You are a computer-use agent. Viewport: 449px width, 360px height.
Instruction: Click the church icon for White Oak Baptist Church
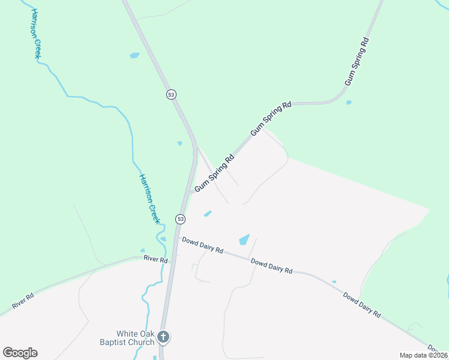(163, 338)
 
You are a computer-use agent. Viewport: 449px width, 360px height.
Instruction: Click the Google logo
(20, 353)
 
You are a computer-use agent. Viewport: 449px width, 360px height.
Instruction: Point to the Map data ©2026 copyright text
(423, 355)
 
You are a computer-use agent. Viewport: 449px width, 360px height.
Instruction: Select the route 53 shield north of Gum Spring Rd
(172, 94)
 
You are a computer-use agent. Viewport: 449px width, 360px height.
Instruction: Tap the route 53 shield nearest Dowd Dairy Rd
(180, 219)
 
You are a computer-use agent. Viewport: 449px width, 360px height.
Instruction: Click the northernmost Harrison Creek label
(35, 34)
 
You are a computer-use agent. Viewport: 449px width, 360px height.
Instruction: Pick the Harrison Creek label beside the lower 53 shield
(150, 199)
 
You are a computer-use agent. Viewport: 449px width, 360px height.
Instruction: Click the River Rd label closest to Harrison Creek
(155, 259)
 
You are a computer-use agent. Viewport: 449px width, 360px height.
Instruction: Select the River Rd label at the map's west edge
(22, 302)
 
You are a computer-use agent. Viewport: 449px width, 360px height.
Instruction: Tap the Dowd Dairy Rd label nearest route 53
(203, 245)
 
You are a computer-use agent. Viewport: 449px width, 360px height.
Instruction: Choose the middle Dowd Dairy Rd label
(271, 266)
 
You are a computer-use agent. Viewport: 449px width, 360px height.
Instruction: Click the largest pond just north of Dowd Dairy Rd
(244, 239)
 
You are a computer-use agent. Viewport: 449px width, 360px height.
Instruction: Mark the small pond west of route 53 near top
(134, 56)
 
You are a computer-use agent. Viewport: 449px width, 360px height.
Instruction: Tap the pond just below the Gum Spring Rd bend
(349, 103)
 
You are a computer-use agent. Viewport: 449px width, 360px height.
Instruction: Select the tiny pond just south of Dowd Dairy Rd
(334, 281)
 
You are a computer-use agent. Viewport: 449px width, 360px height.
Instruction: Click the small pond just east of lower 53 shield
(208, 213)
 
